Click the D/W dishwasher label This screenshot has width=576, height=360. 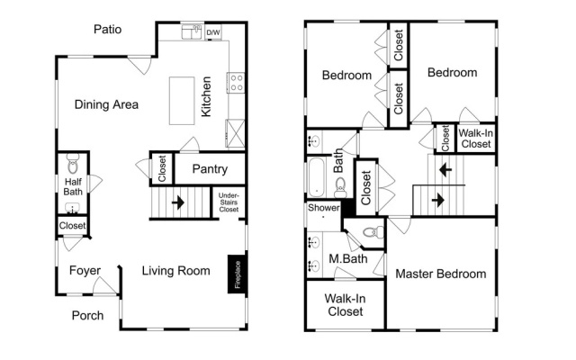(213, 32)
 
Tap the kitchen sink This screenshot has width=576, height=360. (192, 32)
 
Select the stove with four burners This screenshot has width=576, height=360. (236, 83)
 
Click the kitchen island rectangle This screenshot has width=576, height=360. (182, 101)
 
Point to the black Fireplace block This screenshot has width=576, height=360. (238, 274)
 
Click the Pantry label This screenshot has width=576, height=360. (210, 169)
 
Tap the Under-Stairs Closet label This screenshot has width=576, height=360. (229, 202)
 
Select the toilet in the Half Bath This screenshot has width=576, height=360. (73, 164)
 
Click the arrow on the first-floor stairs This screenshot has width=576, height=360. (178, 202)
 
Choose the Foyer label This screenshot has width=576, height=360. (85, 270)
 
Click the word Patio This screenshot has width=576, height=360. (107, 29)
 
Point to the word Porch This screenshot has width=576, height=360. (87, 315)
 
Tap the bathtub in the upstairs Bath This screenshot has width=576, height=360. (316, 177)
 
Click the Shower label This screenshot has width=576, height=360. (324, 208)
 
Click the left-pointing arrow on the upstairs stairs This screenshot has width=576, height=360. (445, 170)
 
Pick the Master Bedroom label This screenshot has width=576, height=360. (440, 274)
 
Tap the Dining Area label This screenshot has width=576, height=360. (106, 104)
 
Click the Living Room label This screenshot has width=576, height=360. (176, 271)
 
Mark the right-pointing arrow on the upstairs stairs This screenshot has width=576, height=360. (438, 200)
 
